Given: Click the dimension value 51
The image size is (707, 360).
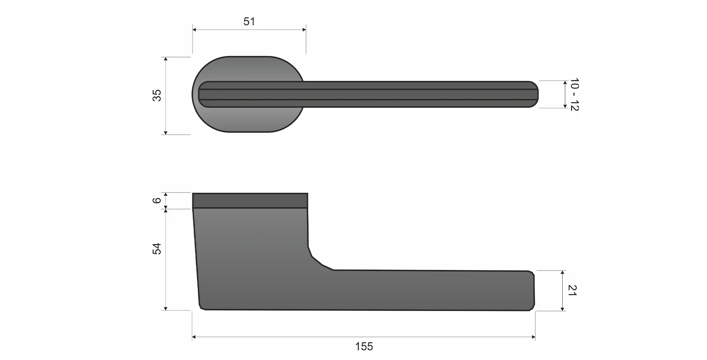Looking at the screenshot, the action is pyautogui.click(x=249, y=21).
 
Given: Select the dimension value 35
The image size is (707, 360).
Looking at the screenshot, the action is pyautogui.click(x=157, y=95).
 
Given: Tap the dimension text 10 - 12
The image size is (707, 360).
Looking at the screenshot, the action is pyautogui.click(x=574, y=94).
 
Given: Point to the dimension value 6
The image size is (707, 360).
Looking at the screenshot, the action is pyautogui.click(x=157, y=200).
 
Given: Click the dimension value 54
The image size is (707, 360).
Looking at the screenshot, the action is pyautogui.click(x=157, y=248).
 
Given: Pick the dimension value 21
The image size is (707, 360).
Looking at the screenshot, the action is pyautogui.click(x=572, y=290).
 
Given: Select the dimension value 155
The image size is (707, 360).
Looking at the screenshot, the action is pyautogui.click(x=364, y=346).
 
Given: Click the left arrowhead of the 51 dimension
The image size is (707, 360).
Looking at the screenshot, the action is pyautogui.click(x=194, y=29).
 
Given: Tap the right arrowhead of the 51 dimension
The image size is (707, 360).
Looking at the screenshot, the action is pyautogui.click(x=304, y=29).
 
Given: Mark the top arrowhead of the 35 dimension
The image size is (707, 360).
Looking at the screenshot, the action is pyautogui.click(x=166, y=59).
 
